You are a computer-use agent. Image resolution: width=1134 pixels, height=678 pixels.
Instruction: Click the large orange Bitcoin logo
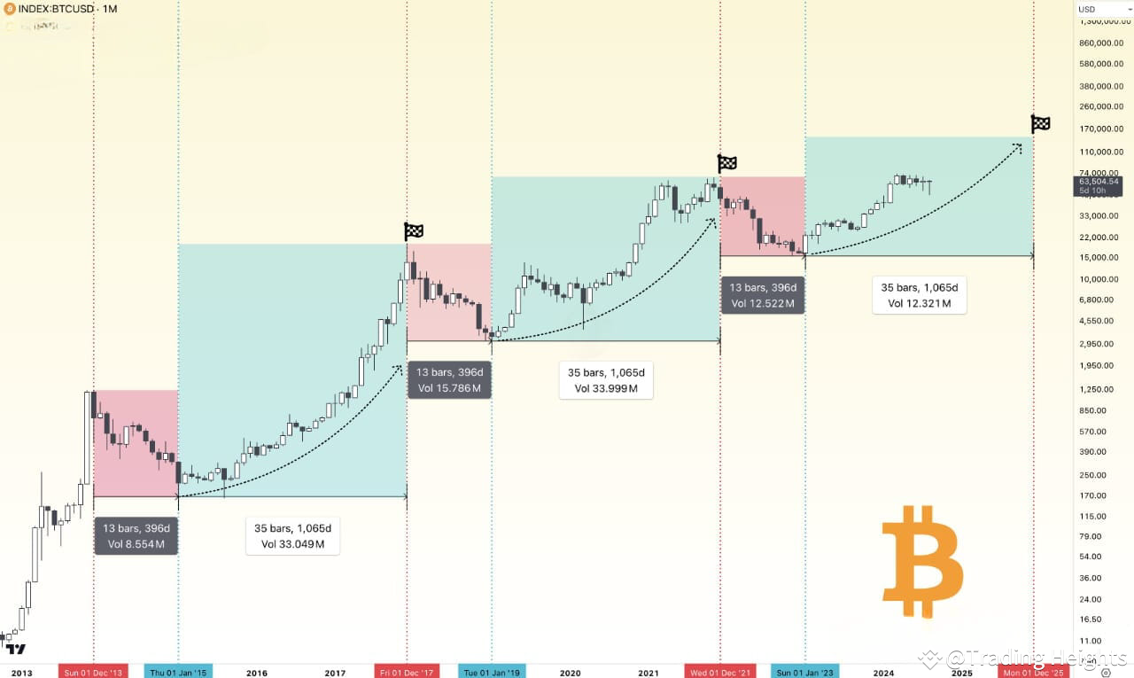[922, 562]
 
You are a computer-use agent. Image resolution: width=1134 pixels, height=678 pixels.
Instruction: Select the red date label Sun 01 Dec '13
[93, 673]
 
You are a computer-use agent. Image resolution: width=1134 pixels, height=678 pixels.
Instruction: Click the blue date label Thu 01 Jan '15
[178, 673]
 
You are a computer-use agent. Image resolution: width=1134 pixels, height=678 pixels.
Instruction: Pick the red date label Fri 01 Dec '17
[407, 673]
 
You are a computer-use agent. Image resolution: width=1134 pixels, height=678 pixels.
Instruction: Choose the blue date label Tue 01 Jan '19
[492, 673]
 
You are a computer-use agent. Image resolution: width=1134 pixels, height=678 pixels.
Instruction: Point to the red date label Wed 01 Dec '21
[720, 673]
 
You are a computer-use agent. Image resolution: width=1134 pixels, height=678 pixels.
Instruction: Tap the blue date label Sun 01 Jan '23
[804, 673]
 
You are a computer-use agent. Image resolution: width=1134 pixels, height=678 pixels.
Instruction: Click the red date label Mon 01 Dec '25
[1034, 673]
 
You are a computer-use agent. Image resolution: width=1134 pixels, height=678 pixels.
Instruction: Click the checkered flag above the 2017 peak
[414, 231]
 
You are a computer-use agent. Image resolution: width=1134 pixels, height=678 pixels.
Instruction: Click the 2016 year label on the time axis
[257, 673]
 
